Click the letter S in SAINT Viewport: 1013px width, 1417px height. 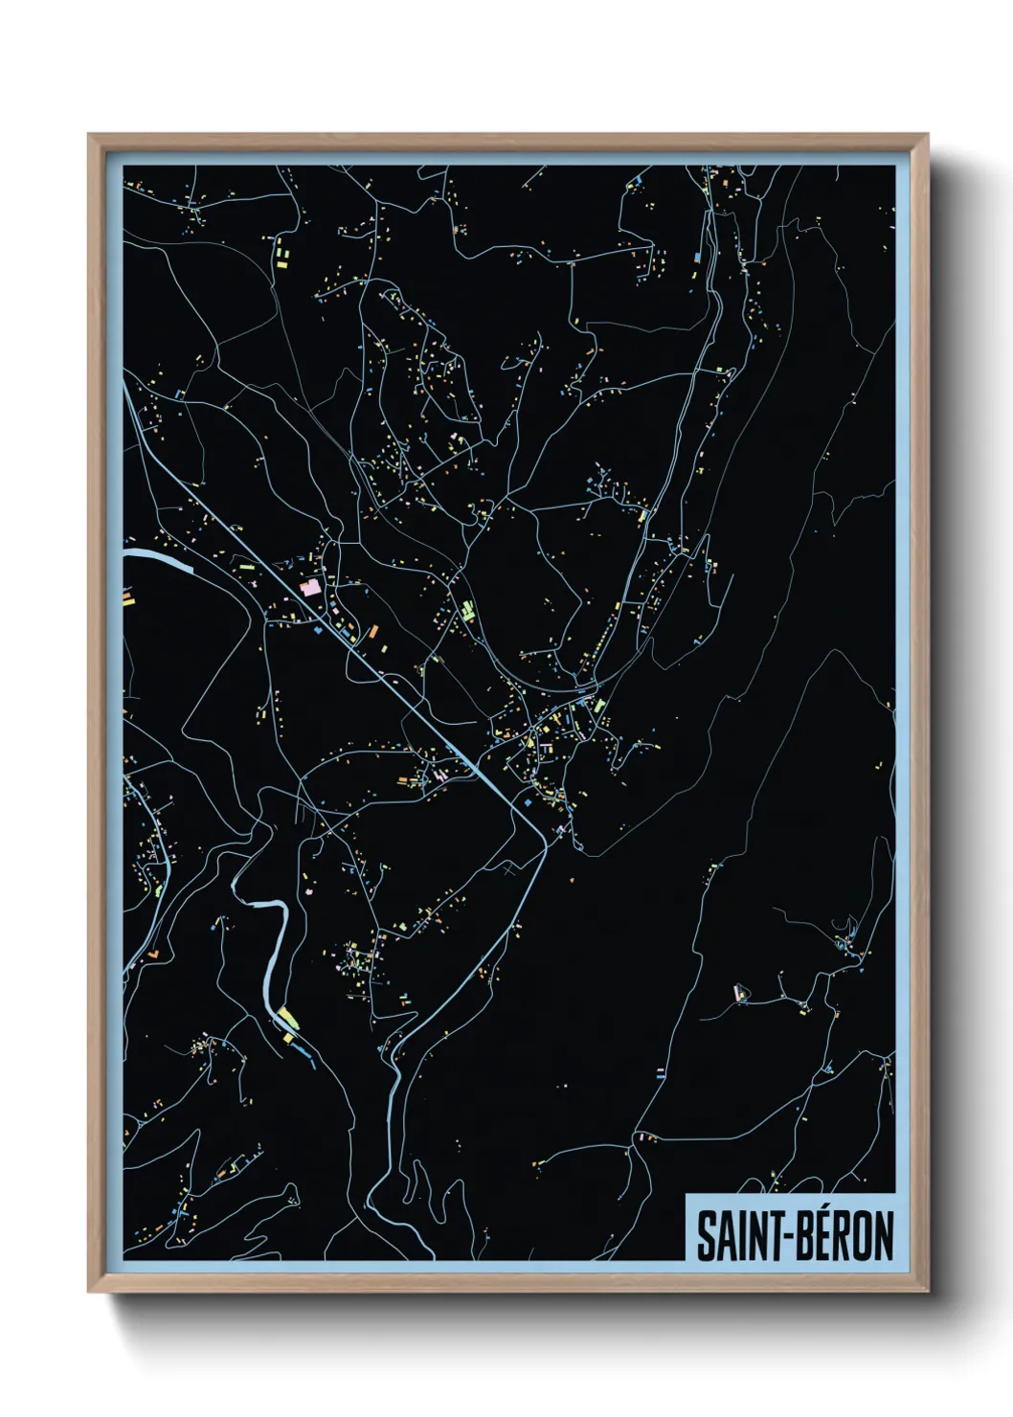706,1236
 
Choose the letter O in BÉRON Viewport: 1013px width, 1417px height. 861,1236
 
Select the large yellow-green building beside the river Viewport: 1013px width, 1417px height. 288,1017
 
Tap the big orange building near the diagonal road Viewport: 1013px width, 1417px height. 373,630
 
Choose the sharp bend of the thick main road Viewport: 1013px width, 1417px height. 544,842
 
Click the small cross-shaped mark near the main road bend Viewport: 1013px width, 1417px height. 508,870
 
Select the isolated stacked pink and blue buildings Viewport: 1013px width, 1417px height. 660,1072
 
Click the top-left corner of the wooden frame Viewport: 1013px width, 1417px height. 90,136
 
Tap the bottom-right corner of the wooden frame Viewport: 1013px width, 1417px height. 926,1291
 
